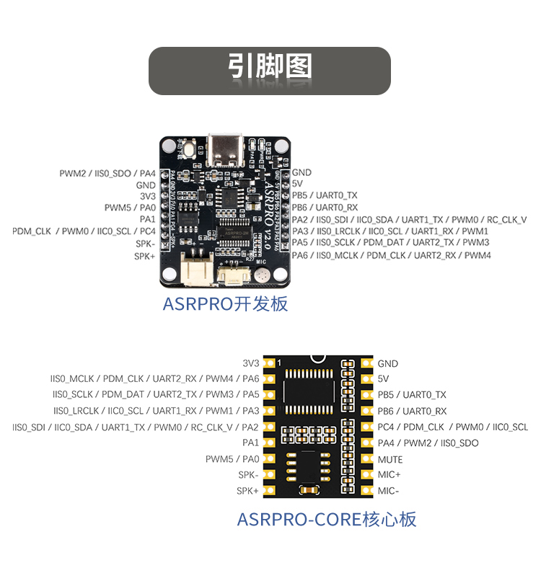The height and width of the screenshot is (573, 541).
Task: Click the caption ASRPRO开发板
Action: coord(225,303)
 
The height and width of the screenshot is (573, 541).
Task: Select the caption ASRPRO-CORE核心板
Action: coord(327,519)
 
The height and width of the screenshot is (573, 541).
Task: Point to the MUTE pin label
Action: coord(390,459)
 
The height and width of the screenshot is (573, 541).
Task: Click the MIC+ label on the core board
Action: coord(389,475)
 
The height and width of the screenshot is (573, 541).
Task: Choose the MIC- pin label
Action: coord(388,491)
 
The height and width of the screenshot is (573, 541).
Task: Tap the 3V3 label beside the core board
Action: coord(250,363)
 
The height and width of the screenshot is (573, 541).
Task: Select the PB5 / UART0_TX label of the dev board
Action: coord(325,195)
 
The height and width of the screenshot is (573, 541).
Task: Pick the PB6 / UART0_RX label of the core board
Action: coord(412,411)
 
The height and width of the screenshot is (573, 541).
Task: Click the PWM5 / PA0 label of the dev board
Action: coord(130,208)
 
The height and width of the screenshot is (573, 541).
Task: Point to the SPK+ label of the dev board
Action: coord(145,256)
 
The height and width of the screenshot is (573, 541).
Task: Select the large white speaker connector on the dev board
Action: coord(197,271)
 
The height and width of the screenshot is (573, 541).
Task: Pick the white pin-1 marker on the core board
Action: coord(278,363)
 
